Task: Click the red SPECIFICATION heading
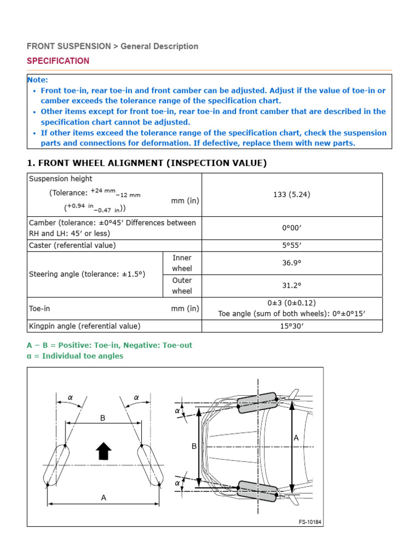(58, 61)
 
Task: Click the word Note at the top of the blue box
(38, 80)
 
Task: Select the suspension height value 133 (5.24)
(292, 194)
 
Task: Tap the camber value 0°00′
(292, 228)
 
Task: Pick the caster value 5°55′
(292, 246)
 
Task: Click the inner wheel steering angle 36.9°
(292, 263)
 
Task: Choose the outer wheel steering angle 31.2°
(292, 286)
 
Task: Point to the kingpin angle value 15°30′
(292, 326)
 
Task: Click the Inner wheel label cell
(182, 263)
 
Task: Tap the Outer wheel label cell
(182, 286)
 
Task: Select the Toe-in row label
(39, 308)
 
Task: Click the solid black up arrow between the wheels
(104, 451)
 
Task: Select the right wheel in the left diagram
(150, 465)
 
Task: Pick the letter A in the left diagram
(104, 497)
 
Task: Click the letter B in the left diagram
(103, 418)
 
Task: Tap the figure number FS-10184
(310, 522)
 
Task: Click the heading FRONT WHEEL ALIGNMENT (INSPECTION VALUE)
(147, 163)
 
